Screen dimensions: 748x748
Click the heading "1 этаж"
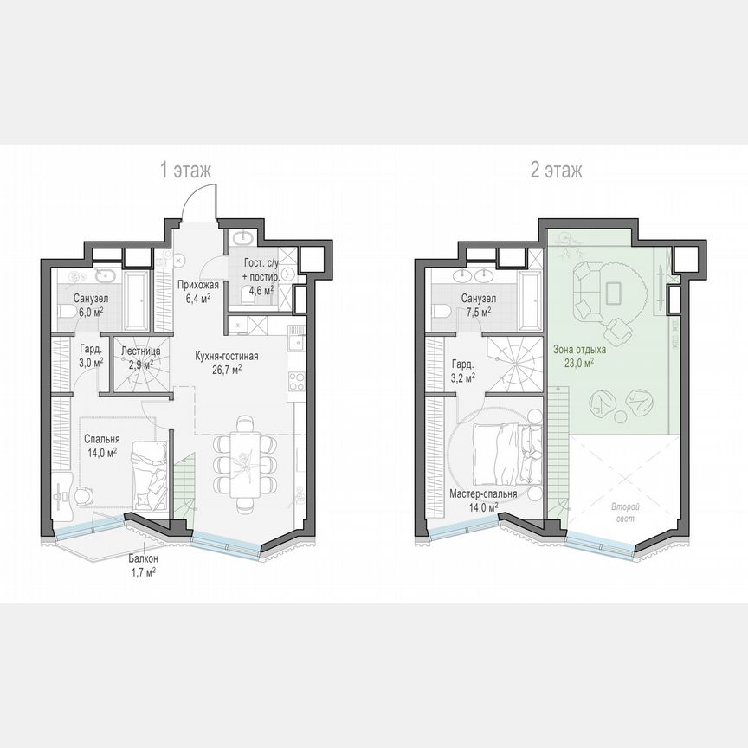click(185, 171)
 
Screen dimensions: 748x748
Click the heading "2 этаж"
click(556, 171)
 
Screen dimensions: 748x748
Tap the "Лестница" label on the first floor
click(140, 351)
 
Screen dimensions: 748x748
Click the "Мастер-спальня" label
click(483, 494)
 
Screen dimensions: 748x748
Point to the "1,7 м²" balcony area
click(144, 572)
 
